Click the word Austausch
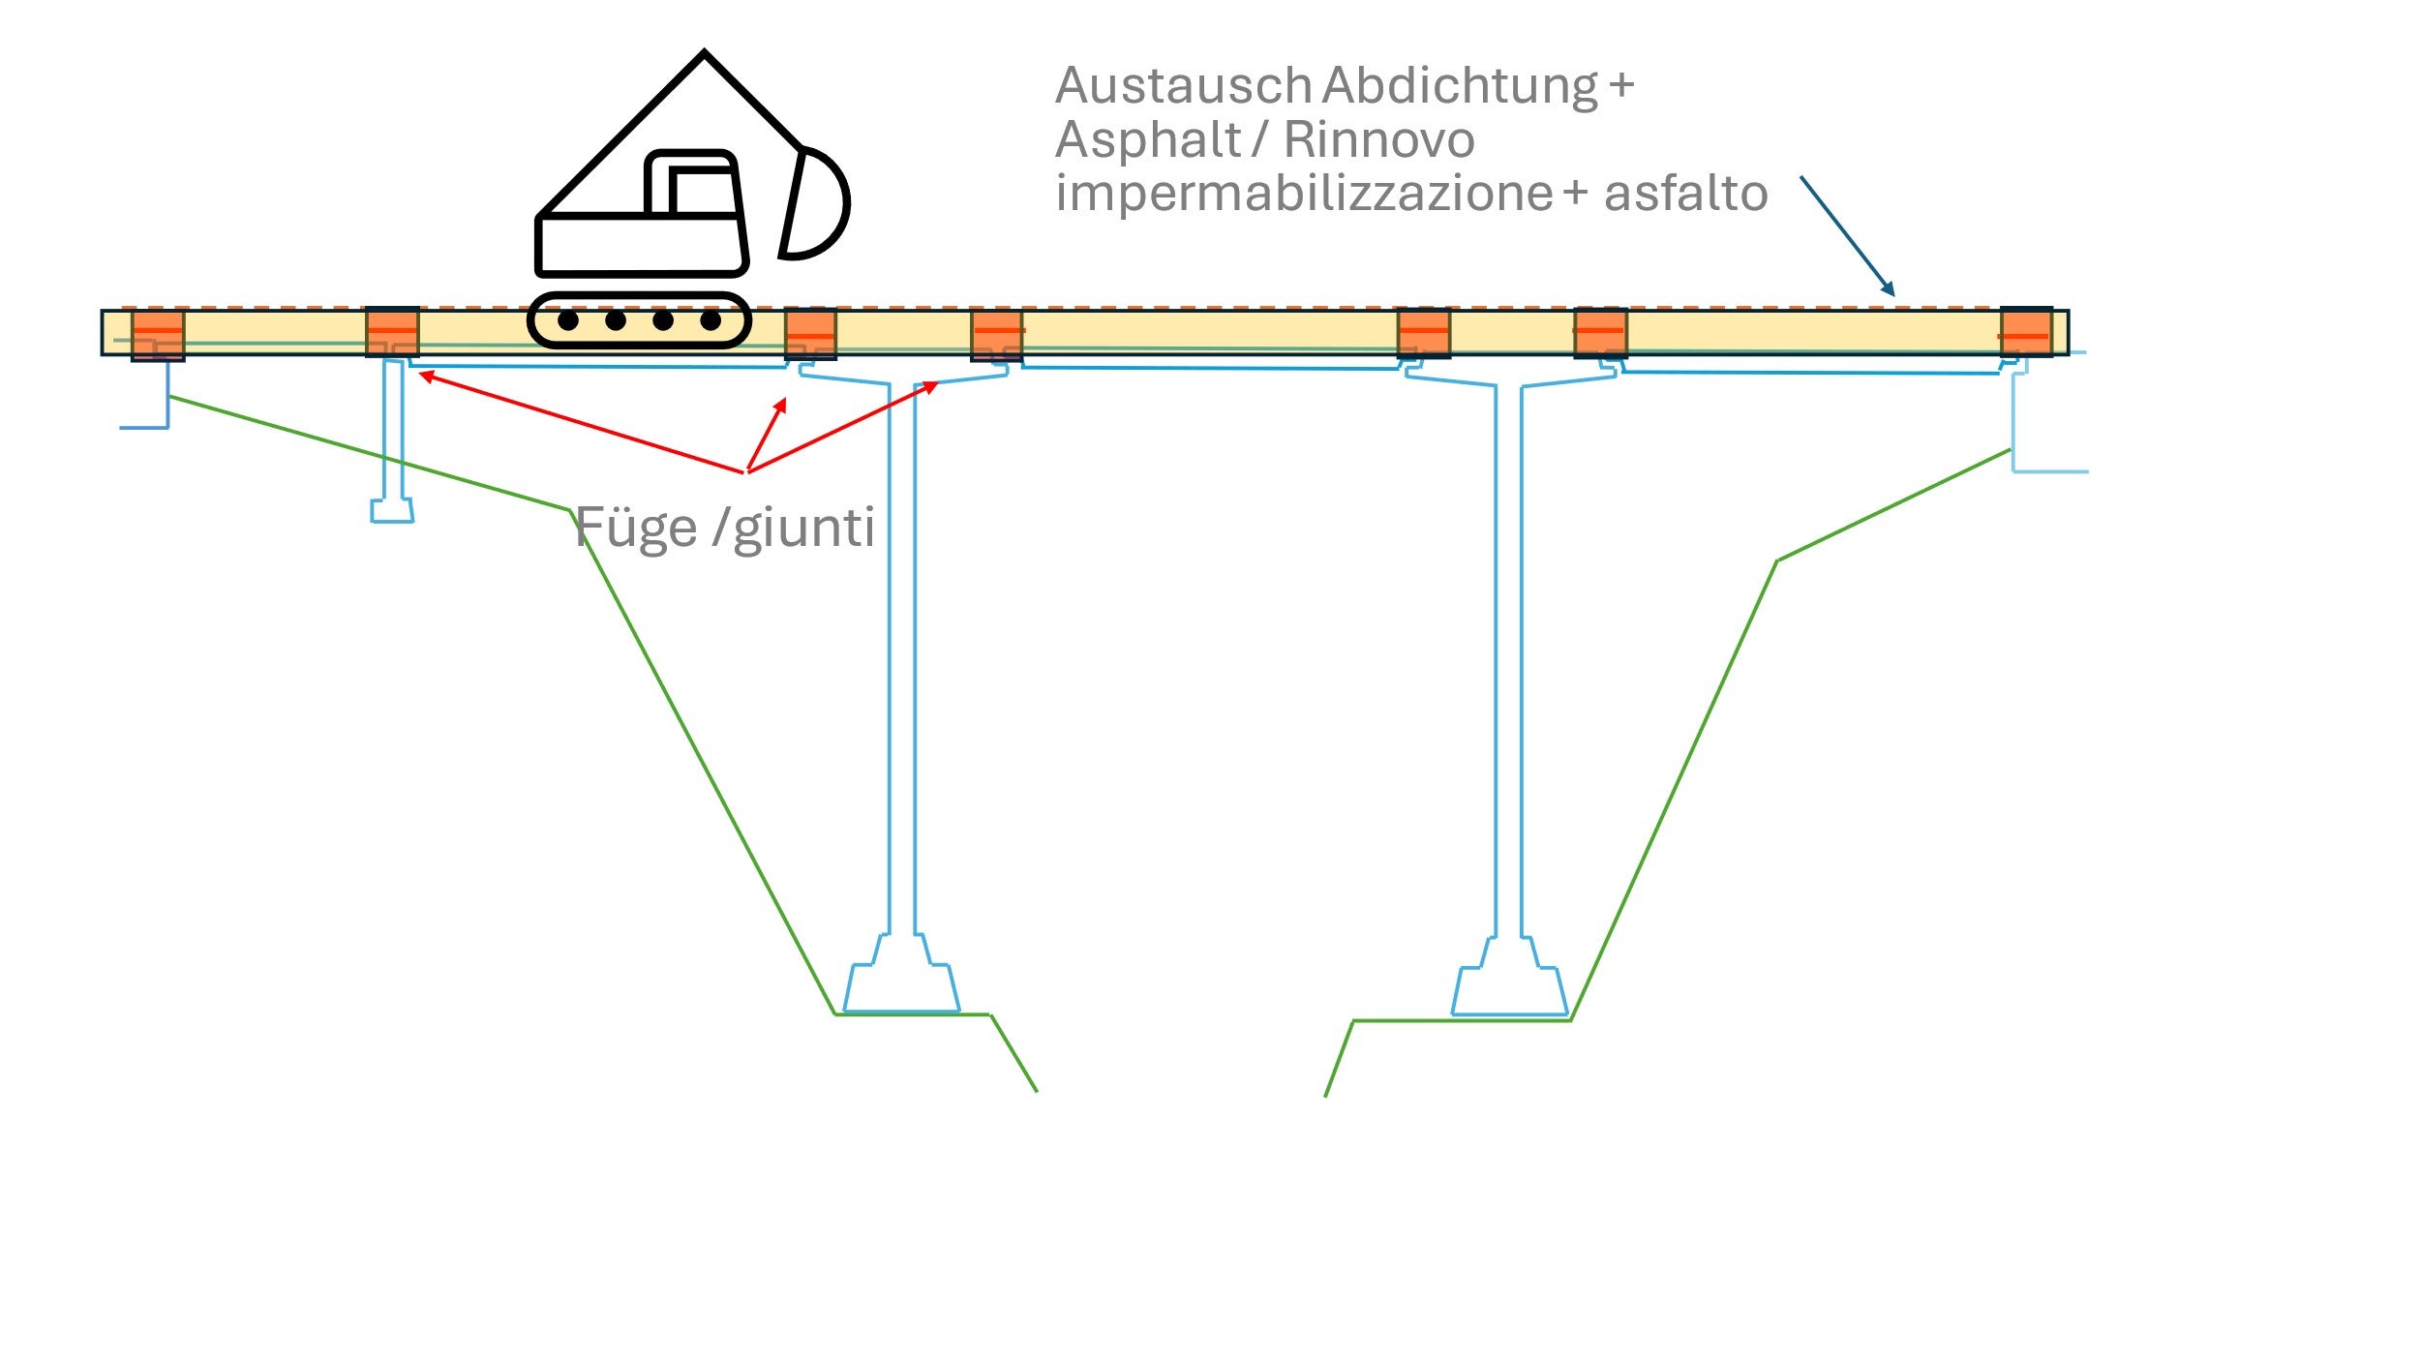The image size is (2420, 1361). pyautogui.click(x=1183, y=86)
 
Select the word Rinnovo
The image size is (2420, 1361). pyautogui.click(x=1378, y=140)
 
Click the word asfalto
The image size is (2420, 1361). pyautogui.click(x=1685, y=193)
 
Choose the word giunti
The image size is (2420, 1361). pyautogui.click(x=803, y=529)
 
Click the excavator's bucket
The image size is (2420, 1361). pyautogui.click(x=815, y=203)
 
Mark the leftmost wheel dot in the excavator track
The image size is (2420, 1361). pyautogui.click(x=568, y=320)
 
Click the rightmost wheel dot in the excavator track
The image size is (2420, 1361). pyautogui.click(x=711, y=320)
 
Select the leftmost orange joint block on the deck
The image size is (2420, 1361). pyautogui.click(x=158, y=334)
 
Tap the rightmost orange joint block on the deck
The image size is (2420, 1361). pyautogui.click(x=2025, y=332)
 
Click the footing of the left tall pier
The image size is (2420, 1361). pyautogui.click(x=901, y=986)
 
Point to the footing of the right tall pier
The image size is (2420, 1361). pyautogui.click(x=1509, y=989)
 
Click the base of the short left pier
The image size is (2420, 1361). pyautogui.click(x=392, y=510)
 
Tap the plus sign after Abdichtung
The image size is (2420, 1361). pyautogui.click(x=1621, y=85)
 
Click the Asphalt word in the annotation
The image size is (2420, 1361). pyautogui.click(x=1147, y=140)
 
